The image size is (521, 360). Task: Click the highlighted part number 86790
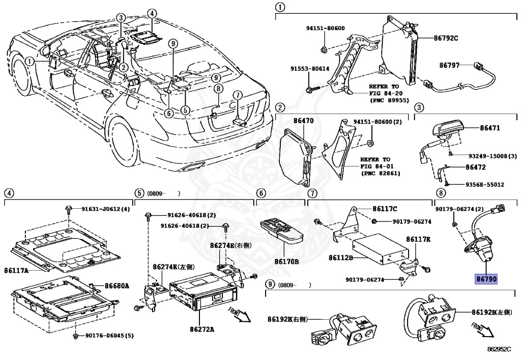(x=486, y=279)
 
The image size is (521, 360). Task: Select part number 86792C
(x=446, y=38)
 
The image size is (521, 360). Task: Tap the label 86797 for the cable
(x=449, y=65)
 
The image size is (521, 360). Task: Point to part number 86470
(x=303, y=121)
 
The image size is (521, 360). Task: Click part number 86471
(x=490, y=130)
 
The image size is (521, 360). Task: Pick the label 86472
(x=475, y=167)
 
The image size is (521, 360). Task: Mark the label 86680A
(x=117, y=286)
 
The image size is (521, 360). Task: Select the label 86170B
(x=286, y=261)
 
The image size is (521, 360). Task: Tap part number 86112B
(x=340, y=258)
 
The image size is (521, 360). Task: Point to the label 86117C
(x=385, y=208)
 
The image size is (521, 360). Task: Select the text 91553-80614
(x=309, y=69)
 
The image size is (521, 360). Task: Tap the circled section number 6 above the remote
(x=260, y=193)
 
